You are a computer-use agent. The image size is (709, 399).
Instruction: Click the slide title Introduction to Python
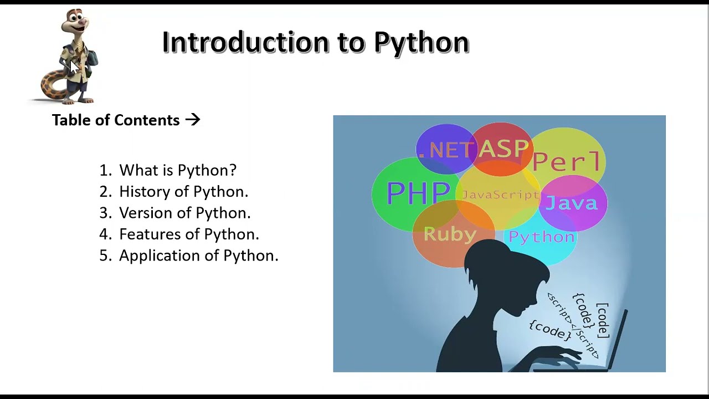[x=315, y=42]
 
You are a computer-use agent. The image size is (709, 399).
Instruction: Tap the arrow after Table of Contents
[x=193, y=120]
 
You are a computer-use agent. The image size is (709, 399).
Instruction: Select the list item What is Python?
[x=177, y=170]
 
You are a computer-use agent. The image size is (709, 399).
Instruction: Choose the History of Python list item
[x=183, y=192]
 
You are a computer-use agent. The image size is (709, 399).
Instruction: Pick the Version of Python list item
[x=184, y=213]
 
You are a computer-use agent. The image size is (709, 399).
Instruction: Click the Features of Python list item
[x=189, y=234]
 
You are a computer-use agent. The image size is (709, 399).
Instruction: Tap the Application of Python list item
[x=198, y=255]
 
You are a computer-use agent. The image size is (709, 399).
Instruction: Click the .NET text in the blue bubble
[x=446, y=150]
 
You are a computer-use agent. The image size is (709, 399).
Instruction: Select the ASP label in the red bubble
[x=504, y=149]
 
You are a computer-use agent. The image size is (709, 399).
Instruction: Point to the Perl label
[x=566, y=161]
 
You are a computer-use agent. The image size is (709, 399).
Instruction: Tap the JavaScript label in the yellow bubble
[x=500, y=195]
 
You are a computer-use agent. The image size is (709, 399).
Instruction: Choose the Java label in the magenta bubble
[x=572, y=203]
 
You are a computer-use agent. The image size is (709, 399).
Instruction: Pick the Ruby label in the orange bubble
[x=450, y=234]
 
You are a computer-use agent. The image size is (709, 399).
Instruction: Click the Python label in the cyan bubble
[x=541, y=237]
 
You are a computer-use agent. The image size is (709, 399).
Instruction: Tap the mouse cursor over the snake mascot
[x=74, y=66]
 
